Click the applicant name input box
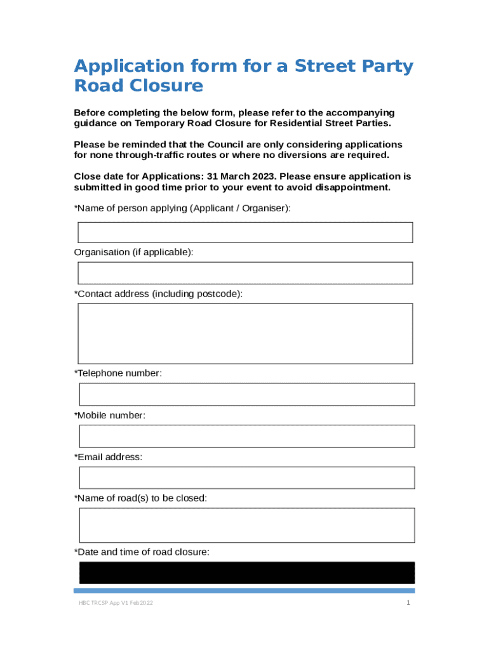coord(245,232)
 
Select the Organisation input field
coord(245,273)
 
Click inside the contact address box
coord(245,333)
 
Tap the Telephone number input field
coord(246,394)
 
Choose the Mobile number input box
coord(246,436)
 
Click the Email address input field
coord(246,478)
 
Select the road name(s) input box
coord(246,525)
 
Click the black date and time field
coord(246,573)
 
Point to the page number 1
coord(409,602)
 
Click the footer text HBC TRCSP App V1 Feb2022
coord(111,602)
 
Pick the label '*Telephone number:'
coord(118,373)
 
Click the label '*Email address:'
coord(108,457)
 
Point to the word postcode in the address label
coord(220,294)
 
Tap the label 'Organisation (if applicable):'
coord(133,252)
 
